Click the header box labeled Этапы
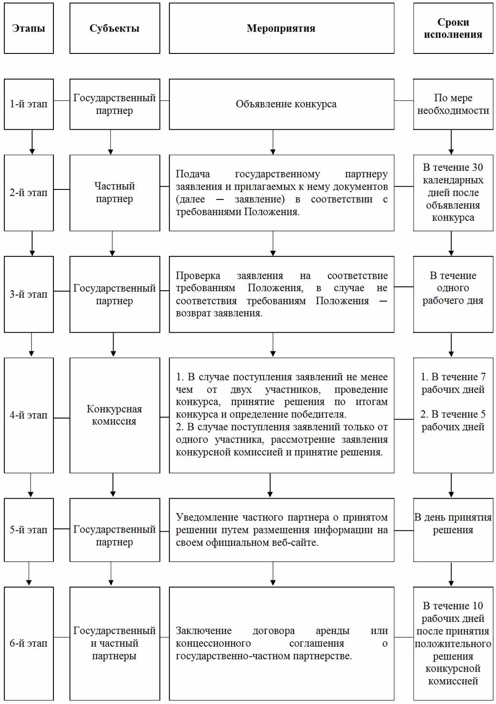click(29, 28)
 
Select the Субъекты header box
click(115, 28)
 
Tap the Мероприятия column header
click(282, 28)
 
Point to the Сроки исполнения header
click(453, 28)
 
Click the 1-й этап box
click(29, 104)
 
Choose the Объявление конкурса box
click(282, 104)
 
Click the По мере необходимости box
click(453, 104)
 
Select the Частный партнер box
click(115, 193)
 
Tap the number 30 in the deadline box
click(477, 167)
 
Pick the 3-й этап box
click(29, 294)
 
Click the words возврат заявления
click(219, 314)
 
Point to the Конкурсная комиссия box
click(115, 415)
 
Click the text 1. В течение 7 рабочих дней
click(453, 383)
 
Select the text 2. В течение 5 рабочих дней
click(453, 420)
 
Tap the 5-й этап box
click(29, 530)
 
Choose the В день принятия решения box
click(453, 530)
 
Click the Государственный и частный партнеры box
click(115, 643)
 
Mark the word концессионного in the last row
click(213, 643)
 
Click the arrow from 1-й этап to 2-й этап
click(32, 142)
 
